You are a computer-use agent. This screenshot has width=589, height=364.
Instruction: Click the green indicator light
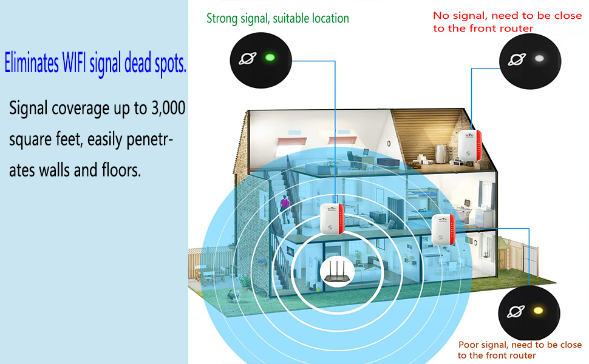coord(270,58)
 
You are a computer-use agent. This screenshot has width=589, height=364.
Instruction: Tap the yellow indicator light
coord(537,311)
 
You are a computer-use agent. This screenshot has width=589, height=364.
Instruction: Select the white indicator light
coord(539,59)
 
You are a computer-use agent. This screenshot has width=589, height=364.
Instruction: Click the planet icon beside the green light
coord(247,58)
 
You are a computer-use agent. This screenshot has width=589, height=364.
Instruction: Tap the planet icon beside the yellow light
coord(516,312)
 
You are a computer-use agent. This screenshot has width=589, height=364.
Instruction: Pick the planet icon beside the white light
coord(516,59)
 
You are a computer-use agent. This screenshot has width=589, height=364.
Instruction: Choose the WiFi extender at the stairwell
coord(332,218)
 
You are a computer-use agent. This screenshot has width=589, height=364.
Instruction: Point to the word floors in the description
coord(118,170)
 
